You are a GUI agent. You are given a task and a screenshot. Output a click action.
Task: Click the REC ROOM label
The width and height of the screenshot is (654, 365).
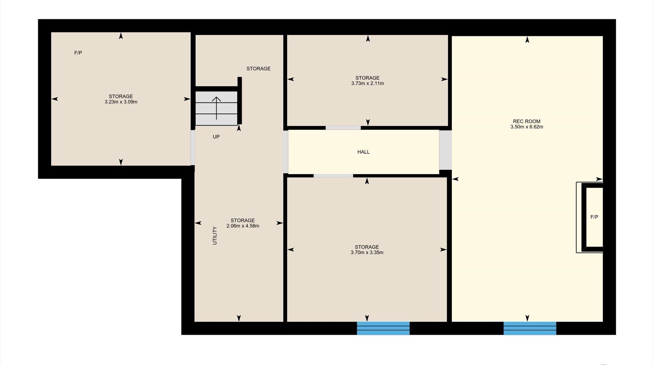coord(527,121)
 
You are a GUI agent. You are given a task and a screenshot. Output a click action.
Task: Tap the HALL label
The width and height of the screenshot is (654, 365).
coord(363,152)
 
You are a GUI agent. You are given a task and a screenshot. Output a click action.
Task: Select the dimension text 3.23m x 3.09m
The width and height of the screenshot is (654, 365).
coord(121,102)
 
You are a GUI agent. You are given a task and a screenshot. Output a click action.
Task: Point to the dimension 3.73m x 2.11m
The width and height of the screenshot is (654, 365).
coord(368,84)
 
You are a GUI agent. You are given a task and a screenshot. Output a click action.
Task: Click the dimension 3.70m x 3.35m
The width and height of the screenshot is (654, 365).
coord(367,253)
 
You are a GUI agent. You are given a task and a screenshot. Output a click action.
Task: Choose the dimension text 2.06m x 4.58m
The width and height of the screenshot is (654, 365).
coord(243,226)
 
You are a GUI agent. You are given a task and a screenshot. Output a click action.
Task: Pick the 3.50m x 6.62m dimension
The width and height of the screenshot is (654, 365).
coord(527,127)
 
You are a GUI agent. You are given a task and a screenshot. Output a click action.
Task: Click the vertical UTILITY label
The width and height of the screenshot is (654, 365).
coord(215,236)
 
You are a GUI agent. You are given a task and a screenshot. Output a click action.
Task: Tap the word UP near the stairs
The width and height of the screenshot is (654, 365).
coord(216,137)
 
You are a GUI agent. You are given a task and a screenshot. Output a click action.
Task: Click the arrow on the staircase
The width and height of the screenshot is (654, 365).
coord(217,108)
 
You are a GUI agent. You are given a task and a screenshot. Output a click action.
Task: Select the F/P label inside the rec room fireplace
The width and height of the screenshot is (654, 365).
coord(594,217)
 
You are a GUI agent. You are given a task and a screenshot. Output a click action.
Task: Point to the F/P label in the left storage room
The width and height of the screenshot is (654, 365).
coord(78,53)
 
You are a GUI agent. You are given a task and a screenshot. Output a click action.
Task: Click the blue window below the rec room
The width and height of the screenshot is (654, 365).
coord(530,328)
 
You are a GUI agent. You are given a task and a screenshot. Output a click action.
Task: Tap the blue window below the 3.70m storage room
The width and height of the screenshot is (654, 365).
coord(383,328)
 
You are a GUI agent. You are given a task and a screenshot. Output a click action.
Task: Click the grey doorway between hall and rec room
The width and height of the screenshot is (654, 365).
coord(445,150)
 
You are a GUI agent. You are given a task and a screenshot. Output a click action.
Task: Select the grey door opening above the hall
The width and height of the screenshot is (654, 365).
coord(343,128)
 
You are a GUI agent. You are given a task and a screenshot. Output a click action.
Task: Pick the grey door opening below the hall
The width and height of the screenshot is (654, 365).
coord(333,176)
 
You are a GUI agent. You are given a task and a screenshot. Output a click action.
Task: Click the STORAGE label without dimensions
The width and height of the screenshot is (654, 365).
coord(258,69)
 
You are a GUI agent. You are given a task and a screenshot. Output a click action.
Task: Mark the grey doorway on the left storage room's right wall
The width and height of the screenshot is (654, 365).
coord(193,147)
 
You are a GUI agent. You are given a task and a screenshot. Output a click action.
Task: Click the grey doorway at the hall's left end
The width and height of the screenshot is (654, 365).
coord(286,152)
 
